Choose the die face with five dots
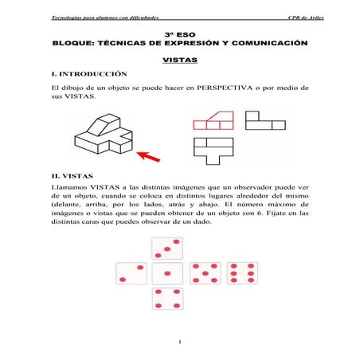click(x=205, y=275)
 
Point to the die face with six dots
click(x=241, y=275)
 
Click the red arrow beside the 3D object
click(x=145, y=152)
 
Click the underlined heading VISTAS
click(x=179, y=60)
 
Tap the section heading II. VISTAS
click(x=72, y=175)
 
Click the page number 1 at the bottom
click(x=181, y=342)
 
